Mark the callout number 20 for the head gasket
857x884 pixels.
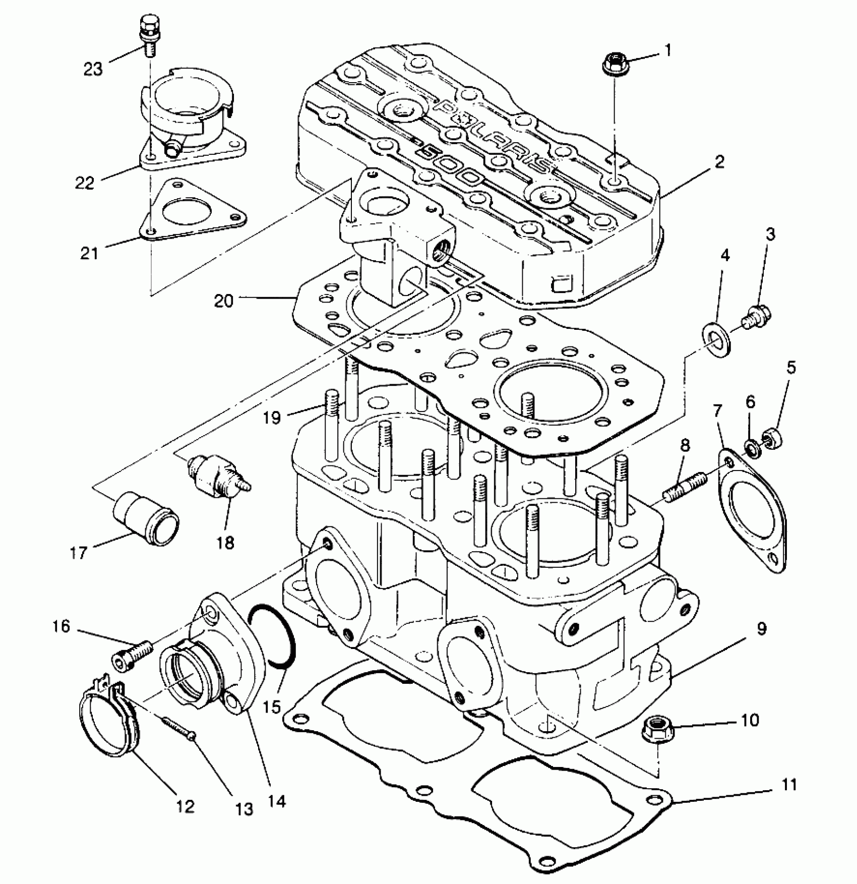coord(223,301)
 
